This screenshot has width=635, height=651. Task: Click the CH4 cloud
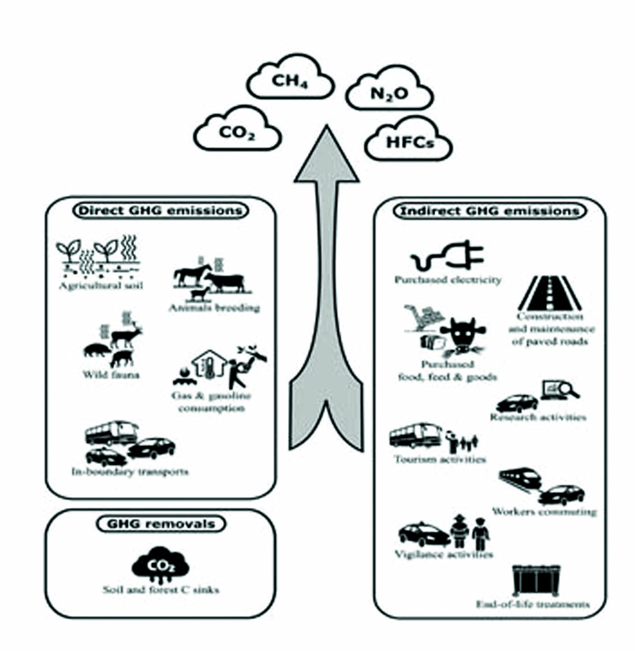pyautogui.click(x=290, y=81)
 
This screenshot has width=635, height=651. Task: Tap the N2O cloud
pyautogui.click(x=389, y=93)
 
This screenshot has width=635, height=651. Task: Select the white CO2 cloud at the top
pyautogui.click(x=237, y=132)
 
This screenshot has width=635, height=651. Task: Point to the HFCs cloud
pyautogui.click(x=409, y=142)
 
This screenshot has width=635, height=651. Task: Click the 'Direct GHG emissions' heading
pyautogui.click(x=159, y=211)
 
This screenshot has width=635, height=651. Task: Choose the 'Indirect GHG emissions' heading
pyautogui.click(x=490, y=211)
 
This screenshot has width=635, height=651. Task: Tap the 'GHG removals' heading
pyautogui.click(x=160, y=524)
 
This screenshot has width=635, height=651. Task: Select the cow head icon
pyautogui.click(x=461, y=335)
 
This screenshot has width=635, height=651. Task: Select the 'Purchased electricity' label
pyautogui.click(x=448, y=280)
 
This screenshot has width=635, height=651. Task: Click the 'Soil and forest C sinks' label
pyautogui.click(x=161, y=590)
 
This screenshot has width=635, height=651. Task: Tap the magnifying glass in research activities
pyautogui.click(x=571, y=390)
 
